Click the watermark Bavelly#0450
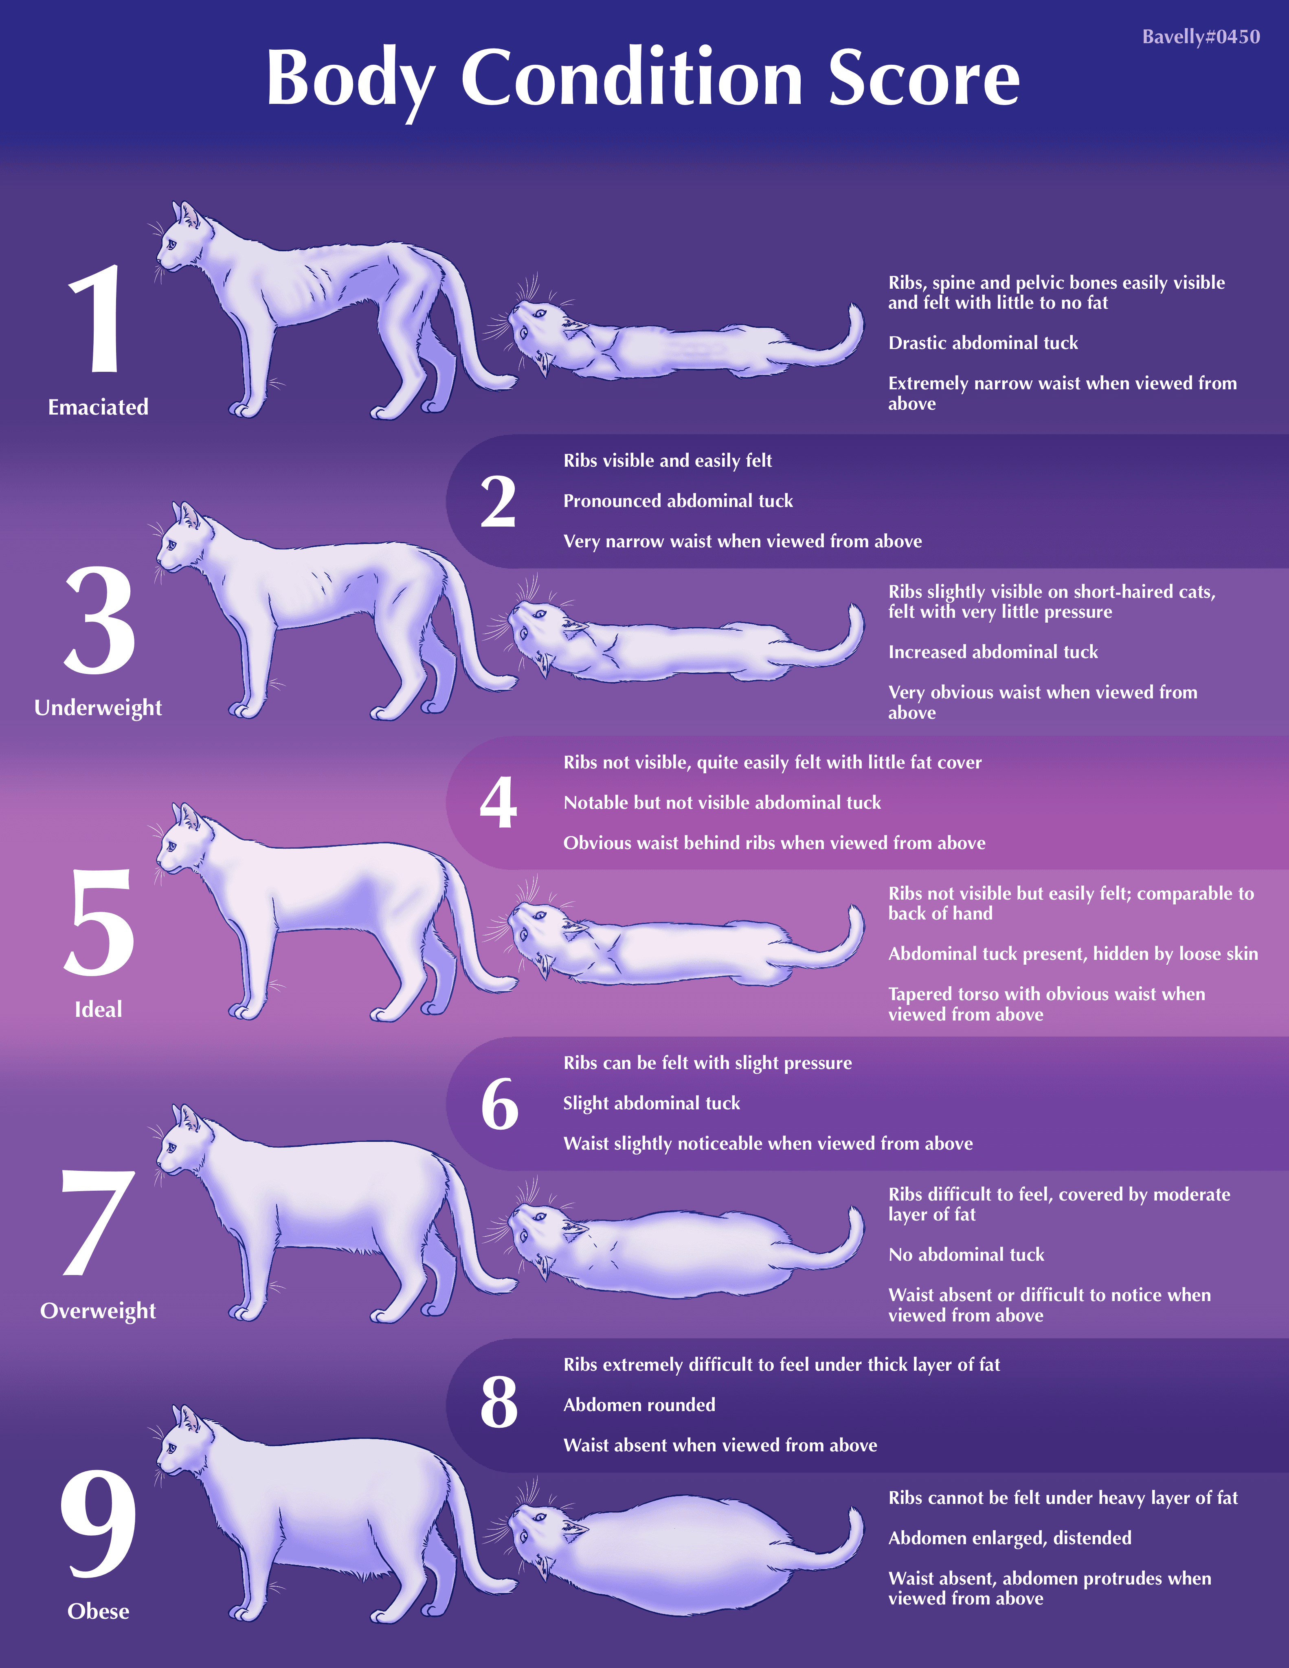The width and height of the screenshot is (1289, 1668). click(x=1201, y=37)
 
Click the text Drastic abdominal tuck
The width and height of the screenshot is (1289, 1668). click(x=983, y=343)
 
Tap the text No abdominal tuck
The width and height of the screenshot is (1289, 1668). click(x=966, y=1254)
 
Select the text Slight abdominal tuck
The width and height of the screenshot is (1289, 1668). click(x=651, y=1104)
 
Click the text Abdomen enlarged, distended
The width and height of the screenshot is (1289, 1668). click(x=1010, y=1538)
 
